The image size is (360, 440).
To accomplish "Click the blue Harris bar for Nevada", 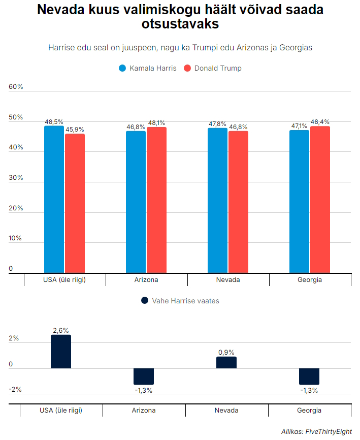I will click(x=217, y=200).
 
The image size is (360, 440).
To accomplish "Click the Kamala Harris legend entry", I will click(x=147, y=68).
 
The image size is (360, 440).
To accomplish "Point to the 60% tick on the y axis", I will click(x=16, y=87).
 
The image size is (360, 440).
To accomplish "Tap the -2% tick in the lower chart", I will click(x=15, y=390).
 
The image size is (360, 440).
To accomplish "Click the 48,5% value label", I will click(x=54, y=122).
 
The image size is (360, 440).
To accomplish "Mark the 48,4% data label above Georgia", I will click(x=320, y=122).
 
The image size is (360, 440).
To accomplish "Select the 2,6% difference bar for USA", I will click(x=61, y=352).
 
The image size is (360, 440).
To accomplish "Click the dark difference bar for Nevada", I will click(x=226, y=362).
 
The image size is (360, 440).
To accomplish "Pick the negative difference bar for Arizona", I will click(x=144, y=376).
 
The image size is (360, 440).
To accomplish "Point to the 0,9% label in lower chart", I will click(x=226, y=352).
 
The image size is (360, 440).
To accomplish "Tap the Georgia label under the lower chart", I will click(x=309, y=411).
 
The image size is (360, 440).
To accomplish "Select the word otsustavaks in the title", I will click(x=180, y=24).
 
